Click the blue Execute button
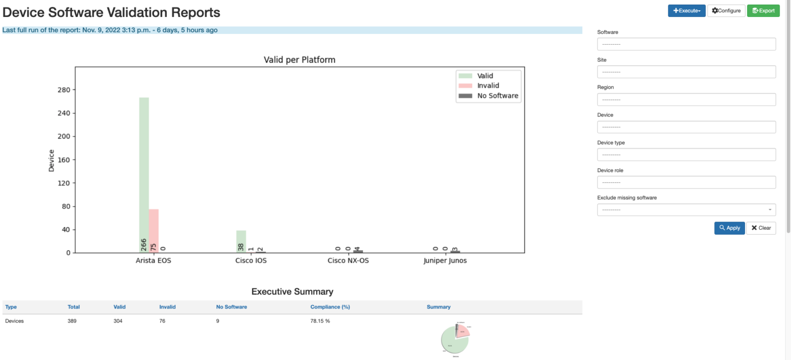point(686,11)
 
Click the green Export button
point(763,11)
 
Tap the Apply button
point(729,228)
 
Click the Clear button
point(761,228)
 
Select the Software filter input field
point(686,44)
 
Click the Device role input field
point(686,182)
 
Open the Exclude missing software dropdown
point(686,210)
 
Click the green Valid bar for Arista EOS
point(144,170)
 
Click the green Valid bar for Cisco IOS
point(241,239)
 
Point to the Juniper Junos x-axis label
point(445,261)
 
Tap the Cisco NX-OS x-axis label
point(348,261)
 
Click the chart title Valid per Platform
point(299,60)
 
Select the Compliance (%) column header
point(330,307)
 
